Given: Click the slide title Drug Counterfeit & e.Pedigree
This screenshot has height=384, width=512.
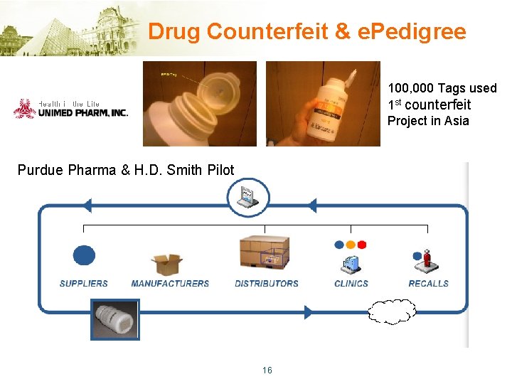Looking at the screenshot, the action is point(307,32).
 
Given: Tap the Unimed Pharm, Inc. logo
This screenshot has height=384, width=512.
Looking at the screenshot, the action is point(70,108).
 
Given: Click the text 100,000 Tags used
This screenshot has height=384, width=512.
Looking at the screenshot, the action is point(442,88).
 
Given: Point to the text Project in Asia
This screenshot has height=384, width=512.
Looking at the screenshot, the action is point(428,121).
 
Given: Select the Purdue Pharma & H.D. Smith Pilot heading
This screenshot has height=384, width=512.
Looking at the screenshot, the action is point(126,170).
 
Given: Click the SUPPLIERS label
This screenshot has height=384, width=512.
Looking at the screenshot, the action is point(84,283).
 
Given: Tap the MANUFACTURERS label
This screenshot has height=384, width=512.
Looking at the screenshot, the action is point(170,283).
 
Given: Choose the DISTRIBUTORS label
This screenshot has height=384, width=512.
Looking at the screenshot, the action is point(267,283).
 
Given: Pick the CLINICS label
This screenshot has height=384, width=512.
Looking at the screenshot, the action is point(351,283).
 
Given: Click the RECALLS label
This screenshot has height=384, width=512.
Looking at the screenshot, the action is point(428,283).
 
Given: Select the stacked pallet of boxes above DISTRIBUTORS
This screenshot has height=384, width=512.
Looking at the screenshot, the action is point(264,252).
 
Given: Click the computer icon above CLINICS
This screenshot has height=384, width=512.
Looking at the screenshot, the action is point(351,264).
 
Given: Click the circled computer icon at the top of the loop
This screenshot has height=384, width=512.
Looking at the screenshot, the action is point(249,197).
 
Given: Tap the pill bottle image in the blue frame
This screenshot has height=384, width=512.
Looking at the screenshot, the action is point(114,319).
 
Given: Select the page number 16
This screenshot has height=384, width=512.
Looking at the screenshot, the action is point(267,370).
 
